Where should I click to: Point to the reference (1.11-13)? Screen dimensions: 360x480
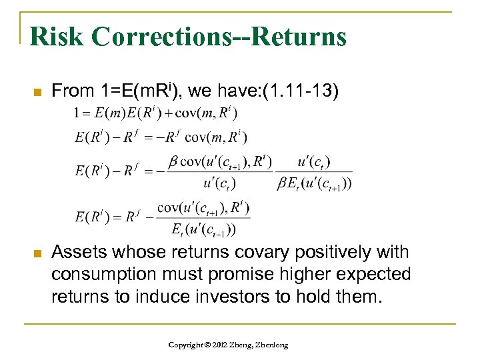point(301,90)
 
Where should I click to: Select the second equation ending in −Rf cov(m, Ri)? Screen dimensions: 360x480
point(161,137)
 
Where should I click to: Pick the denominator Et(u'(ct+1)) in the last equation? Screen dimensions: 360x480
point(203,230)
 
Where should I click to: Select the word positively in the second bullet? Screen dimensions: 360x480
point(313,253)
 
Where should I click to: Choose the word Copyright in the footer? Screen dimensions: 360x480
point(188,345)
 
